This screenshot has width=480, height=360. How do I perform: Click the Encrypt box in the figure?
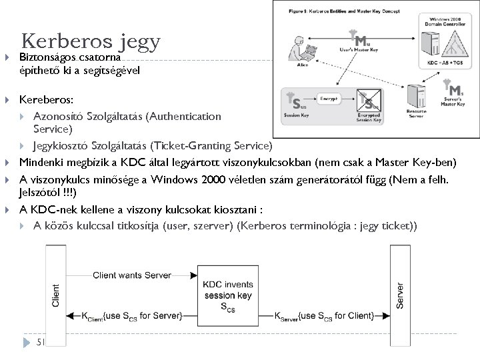point(327,97)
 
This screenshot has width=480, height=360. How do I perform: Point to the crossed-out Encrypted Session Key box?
point(369,105)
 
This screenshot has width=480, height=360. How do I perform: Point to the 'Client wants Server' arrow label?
point(132,274)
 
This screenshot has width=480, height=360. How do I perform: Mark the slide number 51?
point(40,343)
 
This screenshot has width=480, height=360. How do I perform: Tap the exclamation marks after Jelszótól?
point(69,193)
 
